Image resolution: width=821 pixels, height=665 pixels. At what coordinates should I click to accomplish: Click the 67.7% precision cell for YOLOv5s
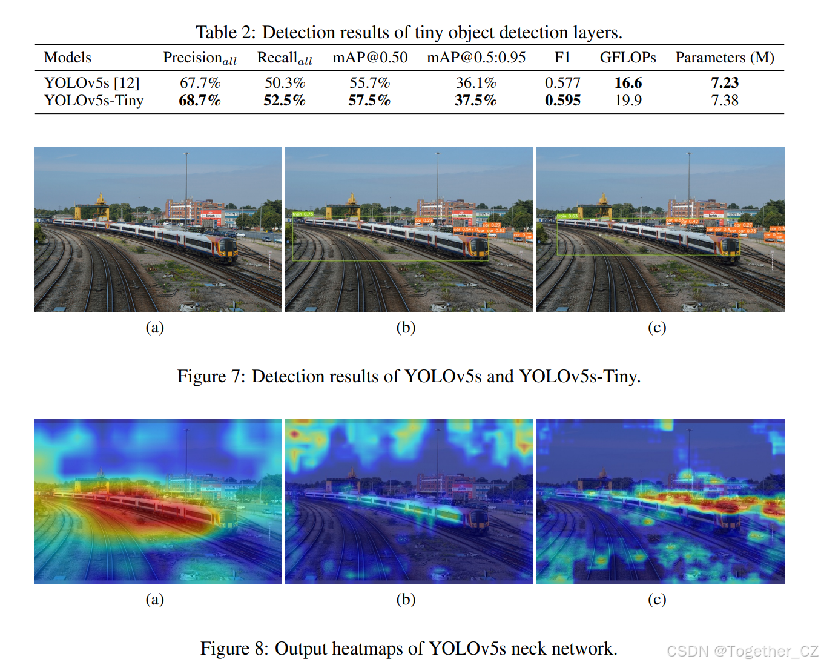click(x=200, y=83)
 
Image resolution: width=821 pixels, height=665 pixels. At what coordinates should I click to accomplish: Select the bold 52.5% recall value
click(x=284, y=101)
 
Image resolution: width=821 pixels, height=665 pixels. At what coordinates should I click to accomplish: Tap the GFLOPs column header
click(x=628, y=58)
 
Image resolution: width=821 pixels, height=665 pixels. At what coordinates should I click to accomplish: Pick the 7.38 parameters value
click(x=725, y=101)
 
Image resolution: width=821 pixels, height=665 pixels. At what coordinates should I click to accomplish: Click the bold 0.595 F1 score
click(x=562, y=101)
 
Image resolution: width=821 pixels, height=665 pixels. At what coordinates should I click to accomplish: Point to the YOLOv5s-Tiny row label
click(x=94, y=101)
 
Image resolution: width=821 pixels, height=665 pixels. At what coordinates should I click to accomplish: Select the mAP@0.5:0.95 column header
click(x=476, y=58)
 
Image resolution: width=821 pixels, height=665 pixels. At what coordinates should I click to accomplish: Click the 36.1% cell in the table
click(x=476, y=83)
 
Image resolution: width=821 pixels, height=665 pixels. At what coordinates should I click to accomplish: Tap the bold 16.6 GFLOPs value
click(x=628, y=83)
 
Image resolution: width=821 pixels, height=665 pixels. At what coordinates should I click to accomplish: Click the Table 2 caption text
click(x=409, y=32)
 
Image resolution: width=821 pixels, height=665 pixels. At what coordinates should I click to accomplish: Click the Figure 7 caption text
click(x=409, y=377)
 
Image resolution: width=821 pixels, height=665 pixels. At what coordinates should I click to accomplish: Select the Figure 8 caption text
click(x=409, y=649)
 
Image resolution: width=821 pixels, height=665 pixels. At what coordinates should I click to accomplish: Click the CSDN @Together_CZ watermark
click(x=742, y=651)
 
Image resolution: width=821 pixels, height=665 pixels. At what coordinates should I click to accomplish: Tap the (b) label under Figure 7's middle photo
click(x=406, y=328)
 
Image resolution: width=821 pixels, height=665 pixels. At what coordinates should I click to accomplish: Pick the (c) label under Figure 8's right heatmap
click(x=657, y=600)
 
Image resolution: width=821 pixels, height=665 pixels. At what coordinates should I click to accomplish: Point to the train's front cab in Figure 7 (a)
click(x=226, y=249)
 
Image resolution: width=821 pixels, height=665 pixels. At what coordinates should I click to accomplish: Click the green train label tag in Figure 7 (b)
click(x=303, y=214)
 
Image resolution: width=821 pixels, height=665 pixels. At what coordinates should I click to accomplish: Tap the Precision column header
click(x=199, y=58)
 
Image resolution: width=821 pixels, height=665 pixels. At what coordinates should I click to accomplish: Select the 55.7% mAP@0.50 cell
click(x=369, y=83)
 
